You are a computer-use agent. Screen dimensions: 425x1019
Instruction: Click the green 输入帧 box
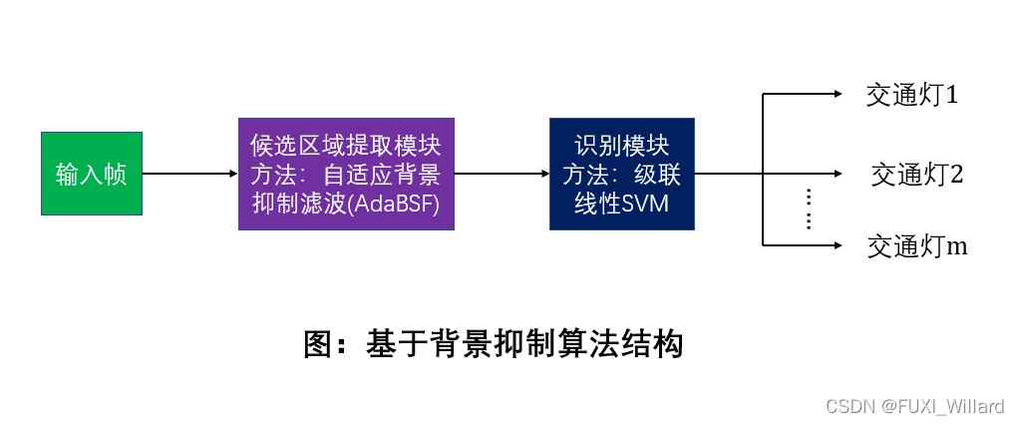(91, 174)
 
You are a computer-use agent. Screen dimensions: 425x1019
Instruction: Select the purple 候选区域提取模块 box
(346, 174)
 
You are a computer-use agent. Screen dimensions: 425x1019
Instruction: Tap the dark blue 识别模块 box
(621, 174)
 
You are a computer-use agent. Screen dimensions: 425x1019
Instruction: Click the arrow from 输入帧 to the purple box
(189, 174)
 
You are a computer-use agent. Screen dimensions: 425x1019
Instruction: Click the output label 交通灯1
(912, 95)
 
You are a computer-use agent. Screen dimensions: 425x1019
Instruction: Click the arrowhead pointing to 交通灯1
(837, 95)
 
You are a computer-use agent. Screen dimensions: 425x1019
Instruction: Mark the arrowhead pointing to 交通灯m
(837, 244)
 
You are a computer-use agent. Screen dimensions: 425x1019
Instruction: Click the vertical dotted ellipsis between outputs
(809, 209)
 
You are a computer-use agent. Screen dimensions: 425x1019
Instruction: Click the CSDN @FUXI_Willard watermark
(915, 406)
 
